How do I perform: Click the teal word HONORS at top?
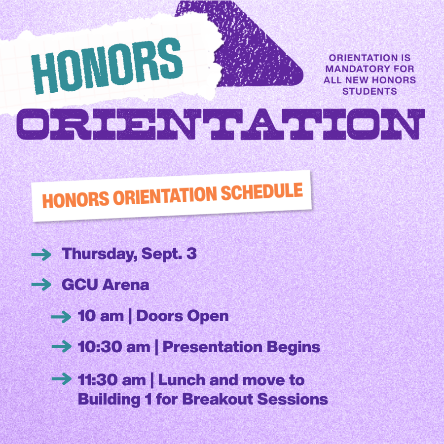coord(107,66)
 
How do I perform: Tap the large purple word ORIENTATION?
coord(221,124)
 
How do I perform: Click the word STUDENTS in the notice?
coord(370,91)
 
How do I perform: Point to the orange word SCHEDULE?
coord(262,192)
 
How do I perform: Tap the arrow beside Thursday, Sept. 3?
coord(41,254)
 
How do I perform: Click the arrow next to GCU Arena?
coord(41,285)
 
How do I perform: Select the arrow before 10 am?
coord(61,317)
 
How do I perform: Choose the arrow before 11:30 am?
coord(62,379)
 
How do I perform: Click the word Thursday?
coord(100,254)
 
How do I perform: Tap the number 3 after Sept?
coord(191,254)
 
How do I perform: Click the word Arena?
coord(125,285)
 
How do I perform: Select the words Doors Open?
coord(183,316)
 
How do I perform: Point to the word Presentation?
coord(213,347)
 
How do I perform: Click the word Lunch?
coord(182,380)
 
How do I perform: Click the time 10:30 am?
coord(114,347)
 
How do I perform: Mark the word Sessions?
coord(293,399)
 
